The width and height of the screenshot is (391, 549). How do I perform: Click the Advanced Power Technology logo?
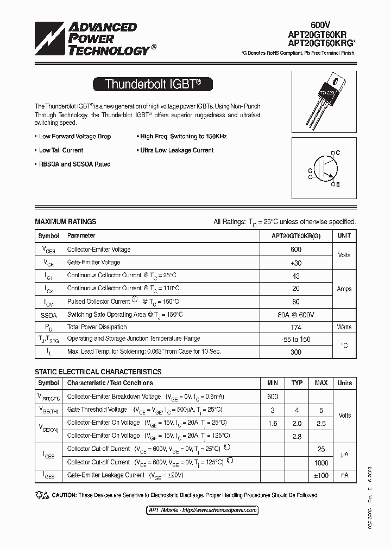tap(92, 39)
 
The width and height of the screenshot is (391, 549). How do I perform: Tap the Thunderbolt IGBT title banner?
tap(153, 84)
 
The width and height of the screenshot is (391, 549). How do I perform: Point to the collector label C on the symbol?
tap(338, 153)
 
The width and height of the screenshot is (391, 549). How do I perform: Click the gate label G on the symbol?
tap(310, 171)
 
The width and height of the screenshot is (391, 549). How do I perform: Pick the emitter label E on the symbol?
tap(337, 185)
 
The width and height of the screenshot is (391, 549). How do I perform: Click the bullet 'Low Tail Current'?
tap(61, 150)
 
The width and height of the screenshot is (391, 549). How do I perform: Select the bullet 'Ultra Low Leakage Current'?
tap(176, 150)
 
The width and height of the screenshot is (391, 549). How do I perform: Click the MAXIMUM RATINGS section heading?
tap(66, 221)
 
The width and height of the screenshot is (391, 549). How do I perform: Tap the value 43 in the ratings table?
tap(296, 276)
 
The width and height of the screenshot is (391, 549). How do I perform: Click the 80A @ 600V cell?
tap(296, 315)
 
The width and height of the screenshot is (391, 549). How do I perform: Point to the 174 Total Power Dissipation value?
tap(296, 327)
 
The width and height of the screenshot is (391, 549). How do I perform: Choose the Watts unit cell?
tap(344, 327)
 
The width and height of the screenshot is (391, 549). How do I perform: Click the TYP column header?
tap(297, 383)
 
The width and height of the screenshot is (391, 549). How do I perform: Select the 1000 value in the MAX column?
tap(321, 463)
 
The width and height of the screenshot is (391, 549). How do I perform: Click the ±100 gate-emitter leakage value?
tap(321, 476)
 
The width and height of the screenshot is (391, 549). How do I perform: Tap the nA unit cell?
tap(344, 476)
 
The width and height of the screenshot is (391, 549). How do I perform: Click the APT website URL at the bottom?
tap(203, 510)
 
